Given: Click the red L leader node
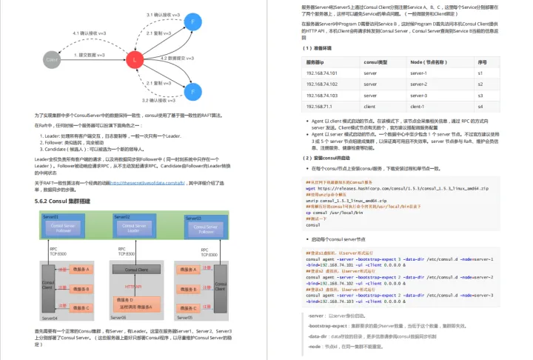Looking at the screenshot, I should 134,59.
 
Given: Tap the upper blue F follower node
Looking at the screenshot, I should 193,23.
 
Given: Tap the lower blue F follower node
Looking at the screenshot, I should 193,92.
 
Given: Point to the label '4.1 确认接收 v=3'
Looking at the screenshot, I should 88,33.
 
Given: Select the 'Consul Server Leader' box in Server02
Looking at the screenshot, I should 133,228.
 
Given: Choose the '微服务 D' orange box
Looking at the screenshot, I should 133,303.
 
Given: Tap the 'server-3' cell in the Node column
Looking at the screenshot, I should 419,95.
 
